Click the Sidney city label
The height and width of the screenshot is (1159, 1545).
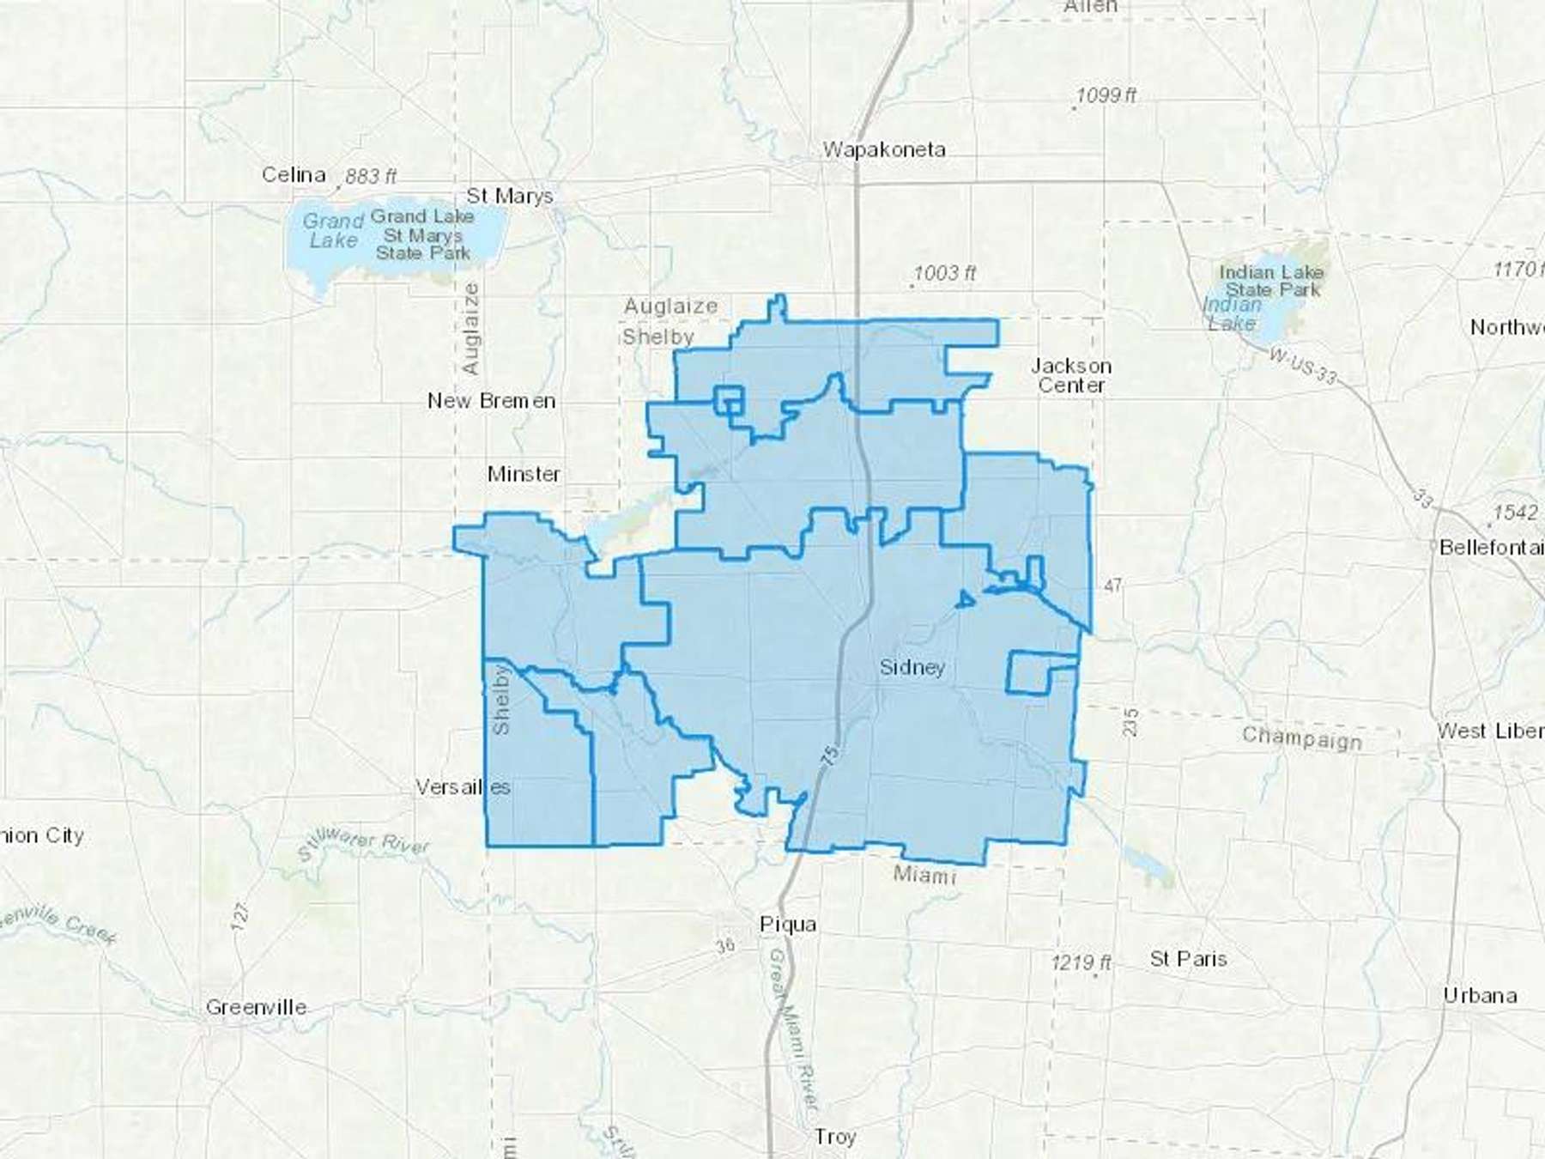[x=912, y=668]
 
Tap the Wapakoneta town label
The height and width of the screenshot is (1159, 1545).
[x=884, y=149]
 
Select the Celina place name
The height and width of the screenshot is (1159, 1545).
[x=294, y=175]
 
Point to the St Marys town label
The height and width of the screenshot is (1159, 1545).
[x=510, y=197]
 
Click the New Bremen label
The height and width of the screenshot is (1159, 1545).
[x=491, y=401]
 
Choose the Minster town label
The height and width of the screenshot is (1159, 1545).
[x=524, y=474]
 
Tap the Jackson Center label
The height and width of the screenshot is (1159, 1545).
[x=1071, y=376]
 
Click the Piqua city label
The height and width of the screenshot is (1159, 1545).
[x=788, y=925]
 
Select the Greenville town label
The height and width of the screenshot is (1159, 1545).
[x=256, y=1007]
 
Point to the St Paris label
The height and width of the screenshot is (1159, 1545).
[x=1188, y=959]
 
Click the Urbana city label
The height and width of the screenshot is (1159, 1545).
[x=1480, y=996]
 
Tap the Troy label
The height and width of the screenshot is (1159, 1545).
[x=835, y=1137]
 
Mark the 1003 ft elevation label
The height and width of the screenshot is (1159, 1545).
[x=944, y=273]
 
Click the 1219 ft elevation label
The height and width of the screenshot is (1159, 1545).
[x=1081, y=962]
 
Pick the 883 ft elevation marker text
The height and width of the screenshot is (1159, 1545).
[x=370, y=177]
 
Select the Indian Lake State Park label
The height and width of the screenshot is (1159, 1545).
[x=1272, y=281]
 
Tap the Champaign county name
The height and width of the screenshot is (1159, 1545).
[x=1301, y=737]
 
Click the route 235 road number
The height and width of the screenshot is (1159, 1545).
[x=1130, y=722]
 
